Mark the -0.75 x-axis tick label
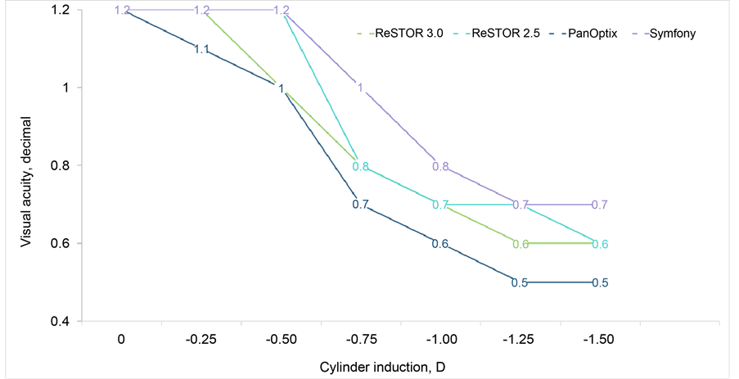[360, 339]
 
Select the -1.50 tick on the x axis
[600, 339]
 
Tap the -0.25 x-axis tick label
[201, 339]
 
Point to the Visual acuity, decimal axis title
[26, 166]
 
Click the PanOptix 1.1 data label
[201, 49]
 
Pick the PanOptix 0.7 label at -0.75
[360, 205]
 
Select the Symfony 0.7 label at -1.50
[600, 205]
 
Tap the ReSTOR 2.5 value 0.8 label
[360, 166]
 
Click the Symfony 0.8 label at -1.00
[440, 166]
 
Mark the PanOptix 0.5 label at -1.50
[600, 283]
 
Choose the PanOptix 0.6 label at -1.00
[440, 244]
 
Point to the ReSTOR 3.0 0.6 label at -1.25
[520, 244]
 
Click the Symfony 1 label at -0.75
[360, 88]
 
